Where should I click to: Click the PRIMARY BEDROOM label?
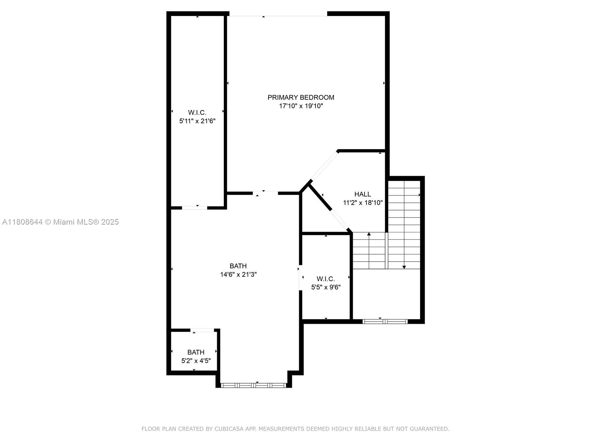click(301, 97)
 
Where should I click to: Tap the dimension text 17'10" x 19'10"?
click(301, 106)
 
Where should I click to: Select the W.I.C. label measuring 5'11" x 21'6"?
click(197, 112)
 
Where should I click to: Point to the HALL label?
click(362, 194)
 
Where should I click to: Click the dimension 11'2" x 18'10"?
click(362, 203)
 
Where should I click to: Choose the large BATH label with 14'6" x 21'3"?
click(238, 266)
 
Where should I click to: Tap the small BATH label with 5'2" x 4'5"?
click(195, 352)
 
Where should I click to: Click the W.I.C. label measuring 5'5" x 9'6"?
click(325, 279)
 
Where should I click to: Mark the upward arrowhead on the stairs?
click(369, 234)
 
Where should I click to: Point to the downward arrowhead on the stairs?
click(404, 267)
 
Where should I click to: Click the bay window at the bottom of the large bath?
click(253, 385)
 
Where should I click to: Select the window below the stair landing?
click(385, 321)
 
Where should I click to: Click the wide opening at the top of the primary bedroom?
click(277, 16)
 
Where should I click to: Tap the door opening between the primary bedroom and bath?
click(265, 192)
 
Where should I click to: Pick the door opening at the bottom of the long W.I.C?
click(195, 208)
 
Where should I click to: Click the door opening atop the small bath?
click(202, 330)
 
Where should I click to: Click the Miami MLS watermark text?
click(60, 222)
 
